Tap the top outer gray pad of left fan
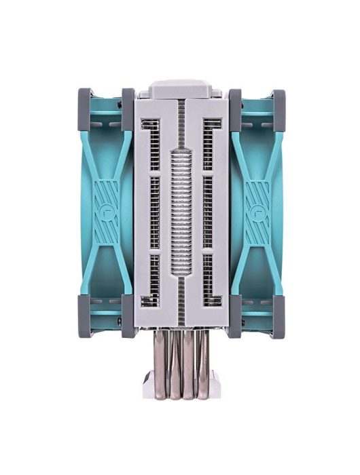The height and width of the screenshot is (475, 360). (86, 108)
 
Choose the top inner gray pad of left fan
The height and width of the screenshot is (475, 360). (128, 108)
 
